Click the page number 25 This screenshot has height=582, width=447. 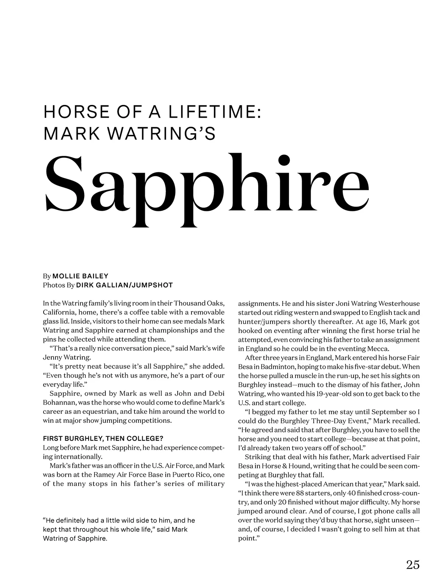click(413, 565)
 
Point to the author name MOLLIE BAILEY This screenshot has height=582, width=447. click(80, 276)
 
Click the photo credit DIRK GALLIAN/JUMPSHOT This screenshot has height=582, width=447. click(124, 285)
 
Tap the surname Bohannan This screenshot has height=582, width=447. click(60, 403)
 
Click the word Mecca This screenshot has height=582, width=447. click(378, 349)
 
